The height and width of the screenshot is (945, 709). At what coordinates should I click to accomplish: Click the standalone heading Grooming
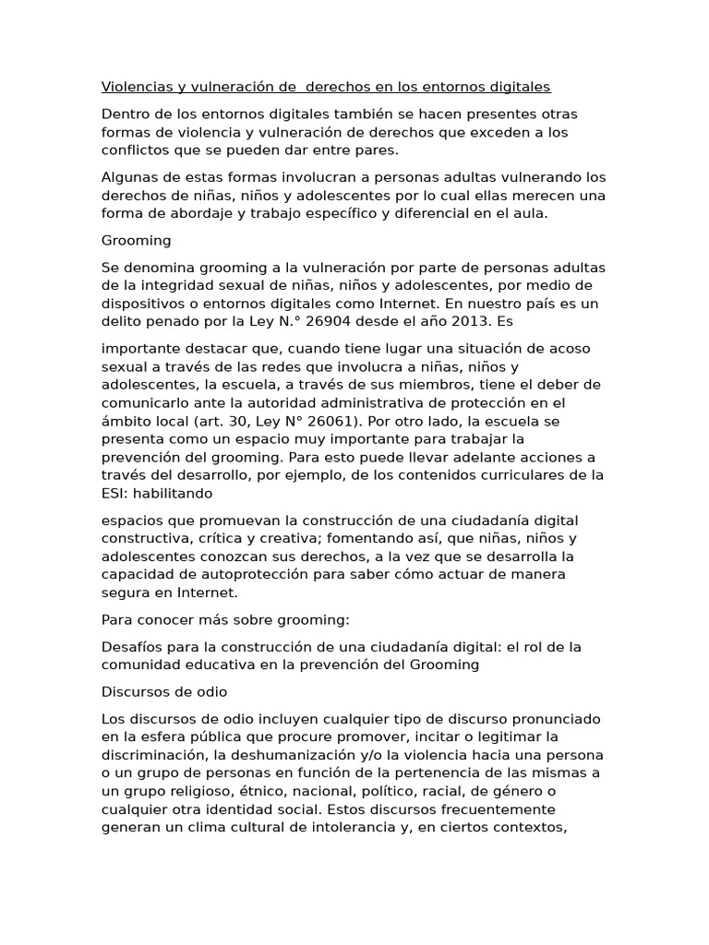coord(136,240)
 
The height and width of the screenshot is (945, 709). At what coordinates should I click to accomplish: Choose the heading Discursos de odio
coord(164,691)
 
